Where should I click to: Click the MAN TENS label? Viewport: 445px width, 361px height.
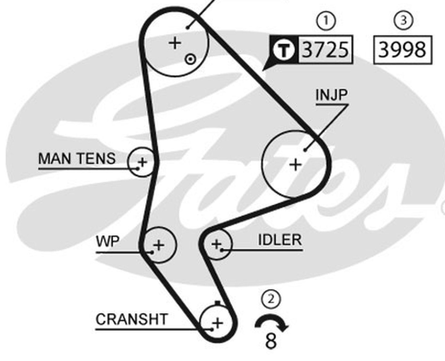(77, 158)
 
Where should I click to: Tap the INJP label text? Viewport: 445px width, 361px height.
(331, 95)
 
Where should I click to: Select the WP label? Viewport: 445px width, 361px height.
(108, 241)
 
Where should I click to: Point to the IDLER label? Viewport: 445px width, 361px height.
(280, 240)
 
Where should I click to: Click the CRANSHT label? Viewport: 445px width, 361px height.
(132, 319)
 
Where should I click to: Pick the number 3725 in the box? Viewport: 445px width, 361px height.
(325, 50)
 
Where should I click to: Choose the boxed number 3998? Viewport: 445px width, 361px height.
(403, 50)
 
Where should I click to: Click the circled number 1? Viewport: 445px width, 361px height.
(326, 21)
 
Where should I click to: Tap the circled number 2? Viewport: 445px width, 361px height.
(271, 299)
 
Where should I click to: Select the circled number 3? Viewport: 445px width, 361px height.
(404, 20)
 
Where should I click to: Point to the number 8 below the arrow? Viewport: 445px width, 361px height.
(271, 341)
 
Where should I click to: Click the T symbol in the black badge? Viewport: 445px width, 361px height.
(284, 50)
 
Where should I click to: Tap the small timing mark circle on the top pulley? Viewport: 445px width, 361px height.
(190, 60)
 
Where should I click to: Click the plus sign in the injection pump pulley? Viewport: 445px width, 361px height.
(295, 165)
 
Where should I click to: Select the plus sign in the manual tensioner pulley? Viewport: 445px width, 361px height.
(143, 163)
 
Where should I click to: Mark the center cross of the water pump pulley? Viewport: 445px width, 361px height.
(159, 245)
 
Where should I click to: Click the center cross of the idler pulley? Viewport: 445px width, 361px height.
(217, 244)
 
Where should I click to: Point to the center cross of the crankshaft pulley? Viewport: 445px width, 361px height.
(218, 323)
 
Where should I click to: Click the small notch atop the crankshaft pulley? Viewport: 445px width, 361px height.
(218, 303)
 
